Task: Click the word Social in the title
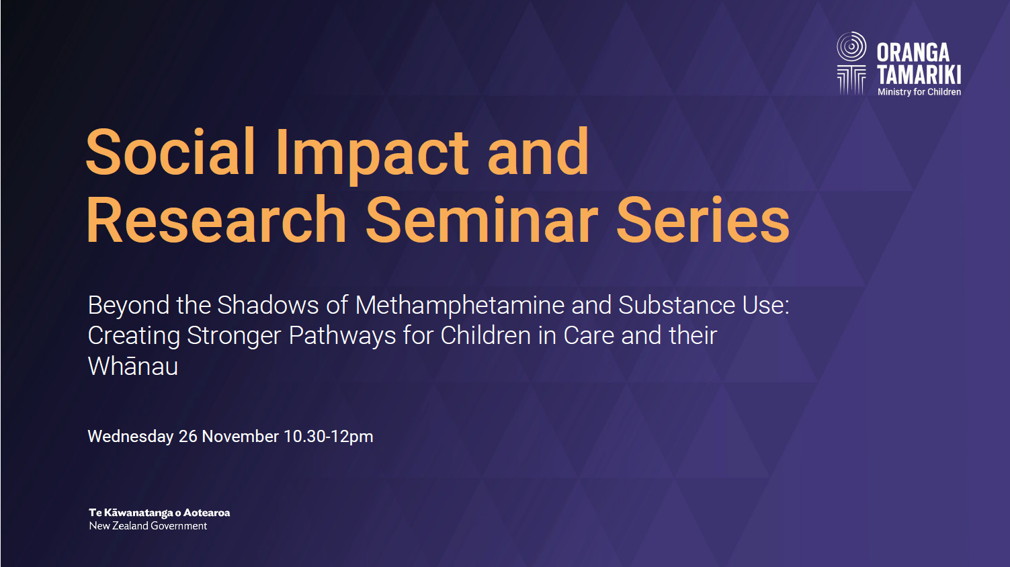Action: (x=171, y=151)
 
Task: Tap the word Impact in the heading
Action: (x=372, y=155)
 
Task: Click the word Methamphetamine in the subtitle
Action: (x=460, y=305)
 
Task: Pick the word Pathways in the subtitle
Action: (x=342, y=336)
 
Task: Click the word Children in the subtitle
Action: (x=486, y=335)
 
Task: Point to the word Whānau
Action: (x=133, y=366)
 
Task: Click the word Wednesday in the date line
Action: (x=131, y=437)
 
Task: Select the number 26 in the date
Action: (x=188, y=436)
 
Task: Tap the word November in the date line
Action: (x=241, y=436)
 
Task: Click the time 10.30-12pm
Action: (x=328, y=437)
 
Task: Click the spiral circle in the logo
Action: (x=851, y=46)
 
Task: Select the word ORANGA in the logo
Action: (x=913, y=53)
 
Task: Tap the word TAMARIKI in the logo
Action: (x=919, y=75)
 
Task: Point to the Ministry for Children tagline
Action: (x=919, y=92)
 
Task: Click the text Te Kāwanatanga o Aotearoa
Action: (x=159, y=513)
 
